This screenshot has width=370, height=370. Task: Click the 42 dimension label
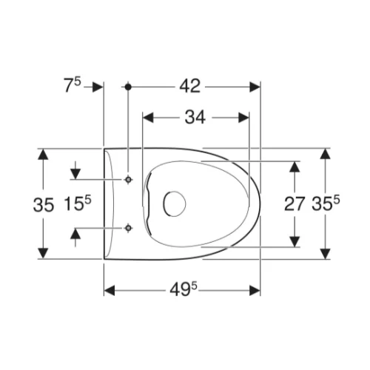click(x=190, y=87)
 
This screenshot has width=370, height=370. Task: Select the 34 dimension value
click(x=195, y=118)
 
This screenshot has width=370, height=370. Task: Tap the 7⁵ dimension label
click(x=73, y=85)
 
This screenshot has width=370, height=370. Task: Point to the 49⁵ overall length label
click(x=184, y=289)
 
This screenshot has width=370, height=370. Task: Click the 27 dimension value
click(x=295, y=204)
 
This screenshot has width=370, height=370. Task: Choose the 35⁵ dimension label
click(x=326, y=203)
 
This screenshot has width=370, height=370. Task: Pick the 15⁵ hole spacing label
click(x=78, y=203)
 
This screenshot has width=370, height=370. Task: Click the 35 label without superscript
click(x=44, y=205)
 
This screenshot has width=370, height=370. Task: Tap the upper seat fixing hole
click(x=128, y=180)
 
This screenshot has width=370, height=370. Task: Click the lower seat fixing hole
click(x=128, y=228)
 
